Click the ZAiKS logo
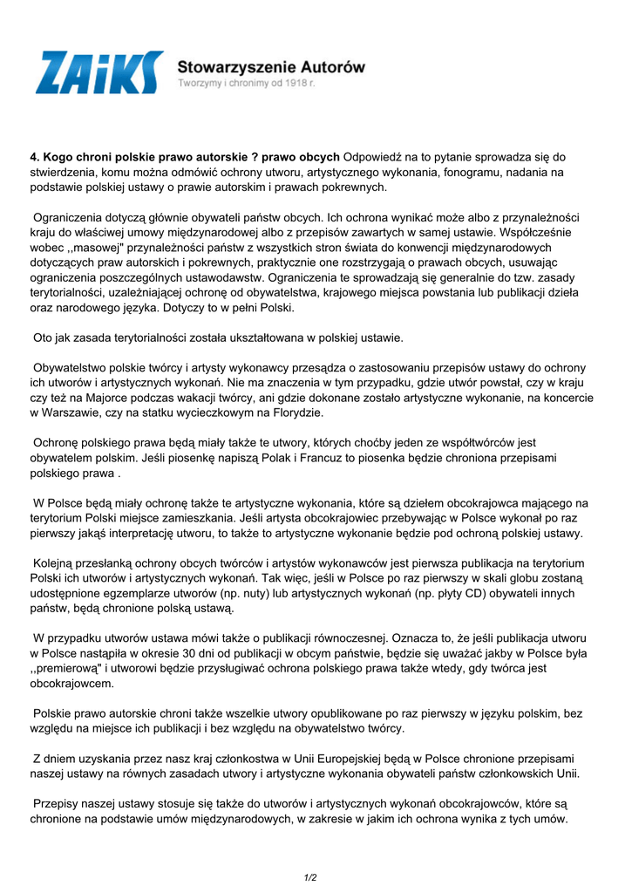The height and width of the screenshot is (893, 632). click(99, 72)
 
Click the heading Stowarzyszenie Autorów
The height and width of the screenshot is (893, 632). click(271, 66)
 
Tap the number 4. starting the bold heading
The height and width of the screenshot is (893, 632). click(36, 157)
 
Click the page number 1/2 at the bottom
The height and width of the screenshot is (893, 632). click(310, 877)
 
